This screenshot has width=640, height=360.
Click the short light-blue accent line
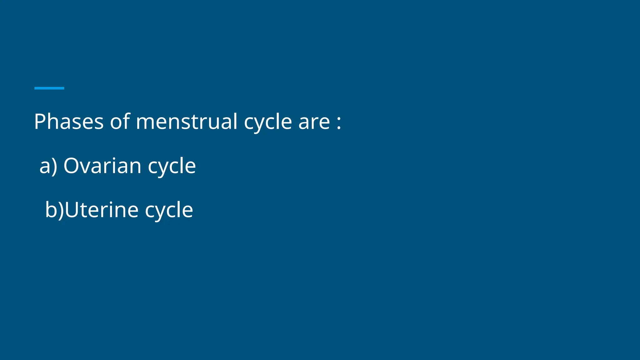[49, 88]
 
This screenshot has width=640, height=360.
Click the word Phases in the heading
[68, 122]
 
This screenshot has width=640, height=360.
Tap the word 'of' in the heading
[120, 122]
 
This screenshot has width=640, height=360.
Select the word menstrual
[187, 122]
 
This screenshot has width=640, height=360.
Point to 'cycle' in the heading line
[267, 122]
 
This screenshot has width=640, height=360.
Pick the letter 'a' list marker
[44, 167]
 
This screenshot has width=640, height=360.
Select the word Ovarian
[102, 166]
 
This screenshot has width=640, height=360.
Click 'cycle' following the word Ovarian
[172, 167]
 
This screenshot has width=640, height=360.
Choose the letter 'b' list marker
[51, 210]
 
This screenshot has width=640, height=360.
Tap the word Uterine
[102, 210]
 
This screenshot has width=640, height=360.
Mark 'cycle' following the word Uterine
[169, 211]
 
